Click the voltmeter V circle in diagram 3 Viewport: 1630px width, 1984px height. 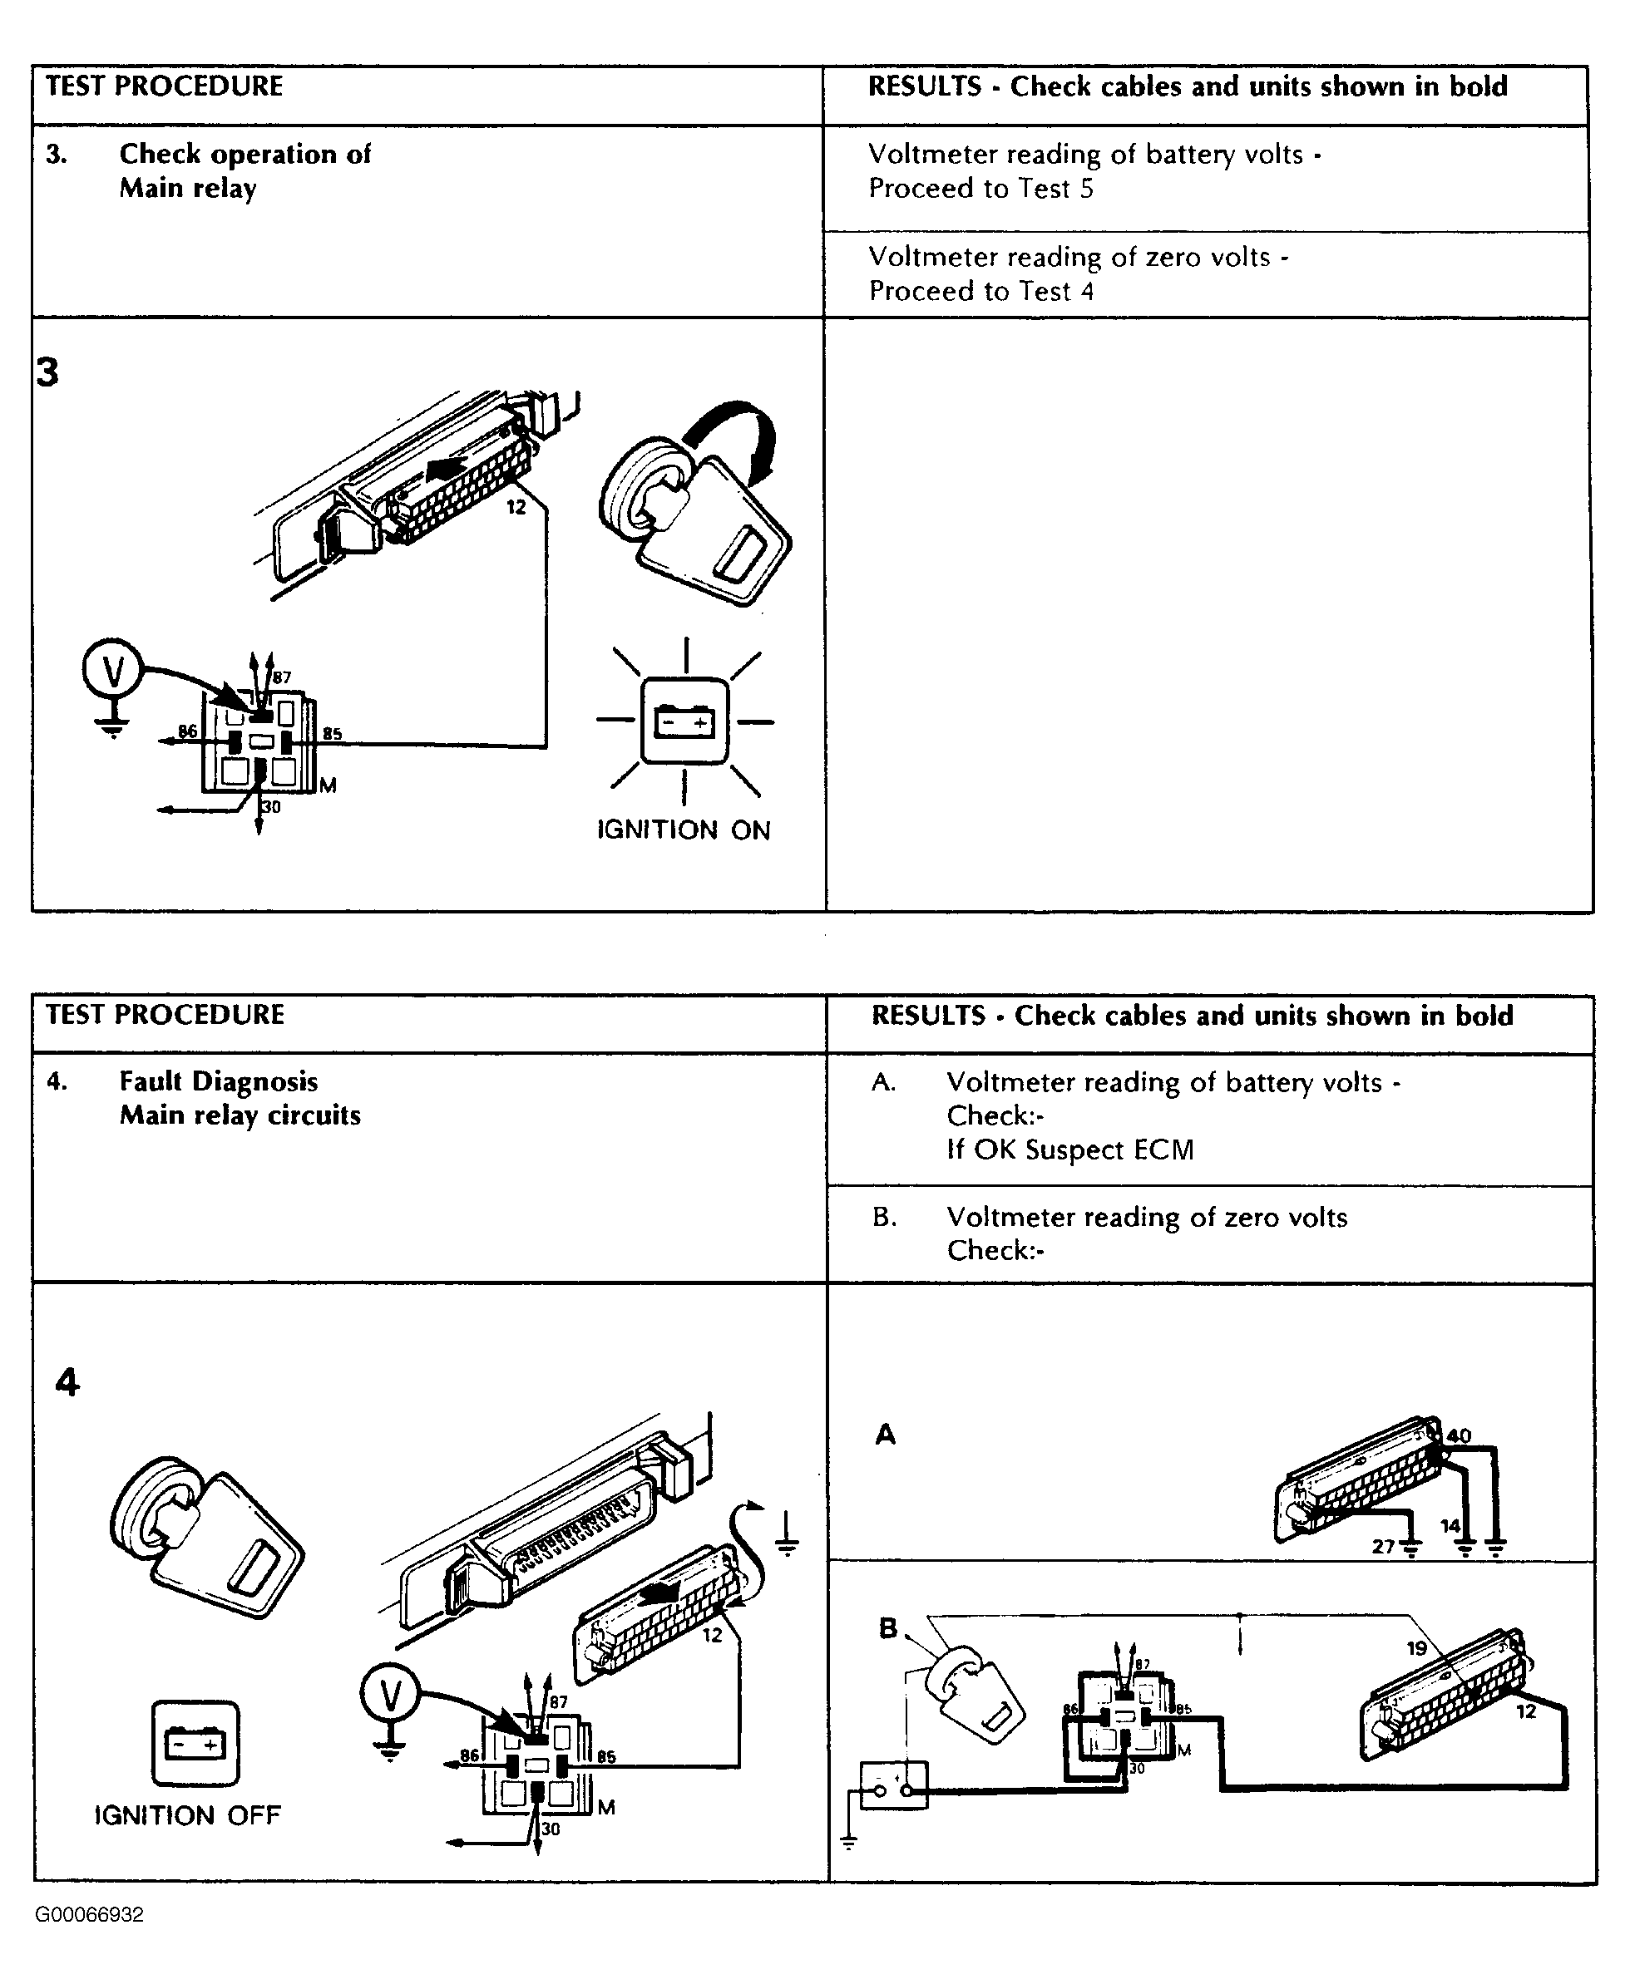click(112, 670)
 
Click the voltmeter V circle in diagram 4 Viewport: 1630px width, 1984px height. click(390, 1695)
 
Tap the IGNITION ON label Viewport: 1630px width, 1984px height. click(684, 830)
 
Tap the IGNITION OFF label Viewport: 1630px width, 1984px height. click(188, 1815)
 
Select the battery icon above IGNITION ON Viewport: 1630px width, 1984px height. click(684, 721)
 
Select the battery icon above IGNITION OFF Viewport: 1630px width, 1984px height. click(195, 1743)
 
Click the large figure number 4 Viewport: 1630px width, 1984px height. click(67, 1382)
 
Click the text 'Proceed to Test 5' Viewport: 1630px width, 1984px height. click(980, 189)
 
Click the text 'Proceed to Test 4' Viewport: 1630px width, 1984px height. click(980, 291)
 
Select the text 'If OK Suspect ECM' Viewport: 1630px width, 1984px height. click(1069, 1150)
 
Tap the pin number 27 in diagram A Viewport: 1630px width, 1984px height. click(1383, 1546)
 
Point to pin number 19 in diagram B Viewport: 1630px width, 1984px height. click(1417, 1648)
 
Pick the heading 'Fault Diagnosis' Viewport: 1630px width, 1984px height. click(218, 1081)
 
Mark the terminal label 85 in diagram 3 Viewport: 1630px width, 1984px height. click(332, 733)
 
